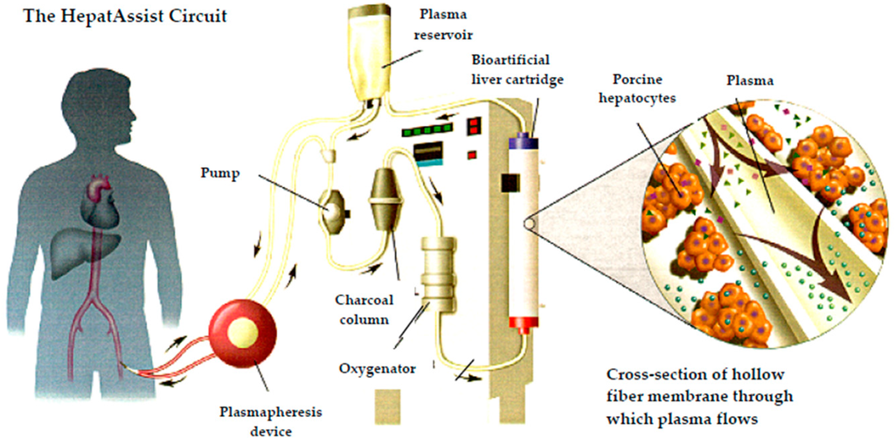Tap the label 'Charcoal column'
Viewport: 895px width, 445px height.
coord(362,309)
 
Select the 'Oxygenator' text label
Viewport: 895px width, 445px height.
coord(377,368)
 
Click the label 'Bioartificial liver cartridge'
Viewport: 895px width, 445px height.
coord(511,70)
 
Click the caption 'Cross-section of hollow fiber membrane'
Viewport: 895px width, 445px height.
coord(699,395)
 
